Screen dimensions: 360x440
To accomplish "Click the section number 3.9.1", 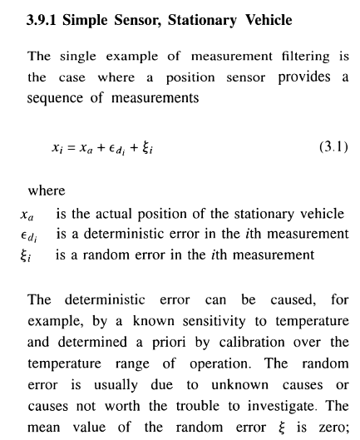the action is pyautogui.click(x=46, y=16).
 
